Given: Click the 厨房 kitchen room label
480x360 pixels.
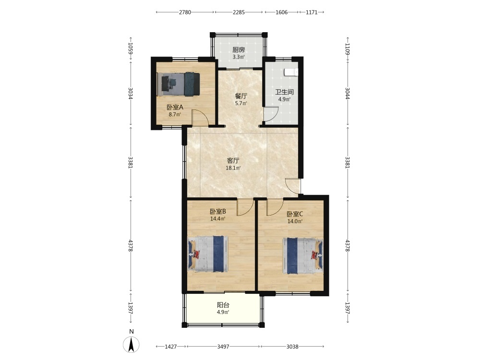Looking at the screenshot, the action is [239, 50].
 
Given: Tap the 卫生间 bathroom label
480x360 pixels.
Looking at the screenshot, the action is [284, 92].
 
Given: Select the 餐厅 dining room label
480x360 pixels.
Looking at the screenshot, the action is [241, 96].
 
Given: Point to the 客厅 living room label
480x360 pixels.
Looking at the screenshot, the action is [233, 160].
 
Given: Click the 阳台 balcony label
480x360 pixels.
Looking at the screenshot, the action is [223, 305].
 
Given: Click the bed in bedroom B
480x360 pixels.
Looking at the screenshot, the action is [208, 254].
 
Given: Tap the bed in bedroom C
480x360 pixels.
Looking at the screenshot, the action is [303, 256].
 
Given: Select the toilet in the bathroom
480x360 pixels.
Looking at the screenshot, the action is [291, 72].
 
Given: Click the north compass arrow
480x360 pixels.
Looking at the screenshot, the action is [132, 344].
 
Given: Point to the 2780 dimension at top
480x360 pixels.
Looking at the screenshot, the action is [185, 12].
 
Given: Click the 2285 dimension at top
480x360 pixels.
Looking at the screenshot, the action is [239, 12].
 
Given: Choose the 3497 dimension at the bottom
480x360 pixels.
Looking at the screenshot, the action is [223, 347].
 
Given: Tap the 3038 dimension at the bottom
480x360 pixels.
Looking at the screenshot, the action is [292, 347].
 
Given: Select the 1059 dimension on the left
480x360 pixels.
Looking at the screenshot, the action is [131, 48].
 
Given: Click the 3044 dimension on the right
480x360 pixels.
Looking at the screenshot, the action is [348, 94].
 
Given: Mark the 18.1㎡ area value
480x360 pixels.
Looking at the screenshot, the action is [233, 168].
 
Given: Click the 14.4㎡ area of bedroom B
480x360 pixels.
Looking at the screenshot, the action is [217, 218].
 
